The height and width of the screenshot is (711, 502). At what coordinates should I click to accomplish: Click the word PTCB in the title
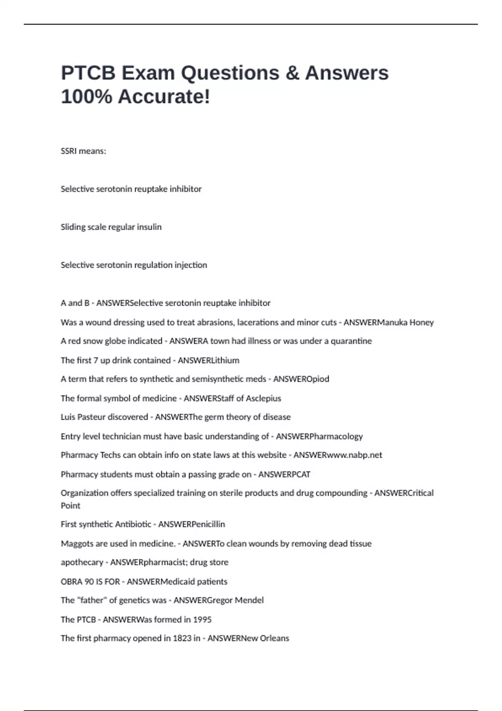point(88,73)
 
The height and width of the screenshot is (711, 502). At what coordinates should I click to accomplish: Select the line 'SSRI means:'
point(83,151)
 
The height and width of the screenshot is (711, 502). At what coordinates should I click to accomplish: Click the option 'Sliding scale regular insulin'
point(111,227)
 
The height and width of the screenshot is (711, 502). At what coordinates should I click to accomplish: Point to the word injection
point(190,265)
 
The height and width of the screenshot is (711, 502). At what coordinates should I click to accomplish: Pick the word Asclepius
point(263,399)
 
